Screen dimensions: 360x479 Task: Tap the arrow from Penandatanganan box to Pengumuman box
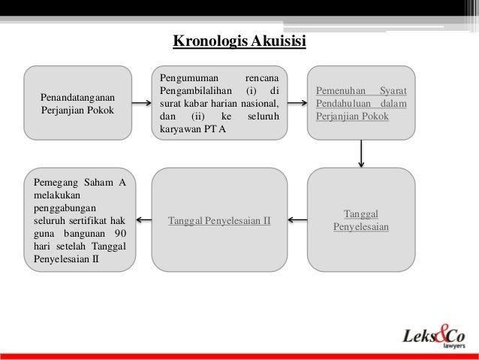click(143, 103)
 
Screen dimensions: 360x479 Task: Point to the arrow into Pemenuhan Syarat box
click(297, 103)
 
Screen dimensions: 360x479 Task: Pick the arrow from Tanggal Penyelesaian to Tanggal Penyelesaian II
click(297, 221)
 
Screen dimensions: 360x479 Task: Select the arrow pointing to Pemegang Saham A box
click(143, 221)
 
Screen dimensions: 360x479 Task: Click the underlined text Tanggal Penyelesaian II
click(219, 221)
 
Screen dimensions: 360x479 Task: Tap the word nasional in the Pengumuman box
click(260, 103)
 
